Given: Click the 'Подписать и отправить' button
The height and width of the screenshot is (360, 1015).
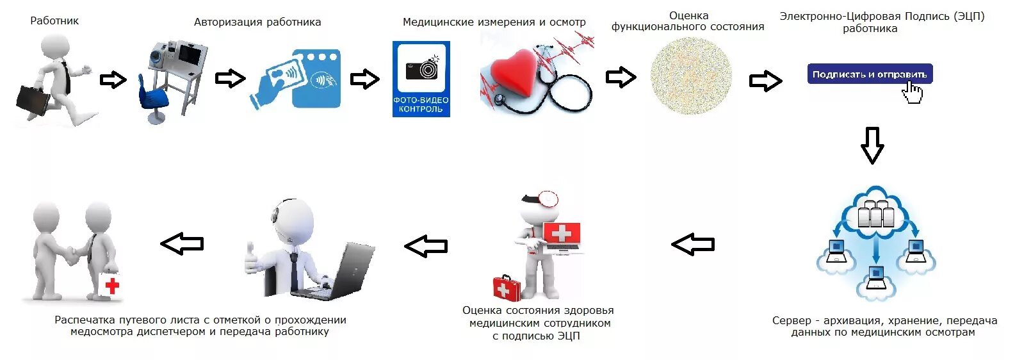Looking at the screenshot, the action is point(869,74).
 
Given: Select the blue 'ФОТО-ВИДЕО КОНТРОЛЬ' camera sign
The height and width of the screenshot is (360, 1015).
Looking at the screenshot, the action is point(421,79).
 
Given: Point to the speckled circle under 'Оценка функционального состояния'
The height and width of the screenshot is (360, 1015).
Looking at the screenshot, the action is point(690,76).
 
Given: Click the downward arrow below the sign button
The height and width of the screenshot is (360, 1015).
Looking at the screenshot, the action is point(872,145).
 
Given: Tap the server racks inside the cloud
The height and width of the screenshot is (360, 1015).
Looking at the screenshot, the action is point(875,214).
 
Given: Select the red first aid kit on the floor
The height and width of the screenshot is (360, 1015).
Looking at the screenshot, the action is point(507,288).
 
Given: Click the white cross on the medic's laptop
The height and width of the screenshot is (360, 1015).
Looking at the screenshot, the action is point(562,233).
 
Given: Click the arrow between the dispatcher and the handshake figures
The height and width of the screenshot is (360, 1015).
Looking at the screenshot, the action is point(182,243).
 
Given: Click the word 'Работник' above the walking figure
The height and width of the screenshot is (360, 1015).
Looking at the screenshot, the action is point(54,20).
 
